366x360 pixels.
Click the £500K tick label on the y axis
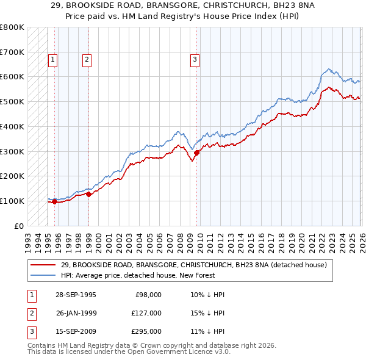[x=12, y=102]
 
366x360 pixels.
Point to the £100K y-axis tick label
[x=12, y=201]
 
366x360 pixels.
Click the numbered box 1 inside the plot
[x=54, y=60]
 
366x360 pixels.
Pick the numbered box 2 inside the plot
[x=87, y=60]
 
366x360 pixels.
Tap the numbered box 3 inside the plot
[x=195, y=60]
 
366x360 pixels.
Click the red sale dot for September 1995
[x=55, y=201]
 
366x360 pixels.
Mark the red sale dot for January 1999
[x=88, y=195]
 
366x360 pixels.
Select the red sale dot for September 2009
[x=196, y=153]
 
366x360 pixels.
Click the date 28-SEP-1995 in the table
[x=76, y=295]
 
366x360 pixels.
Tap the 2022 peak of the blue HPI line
[x=328, y=69]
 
